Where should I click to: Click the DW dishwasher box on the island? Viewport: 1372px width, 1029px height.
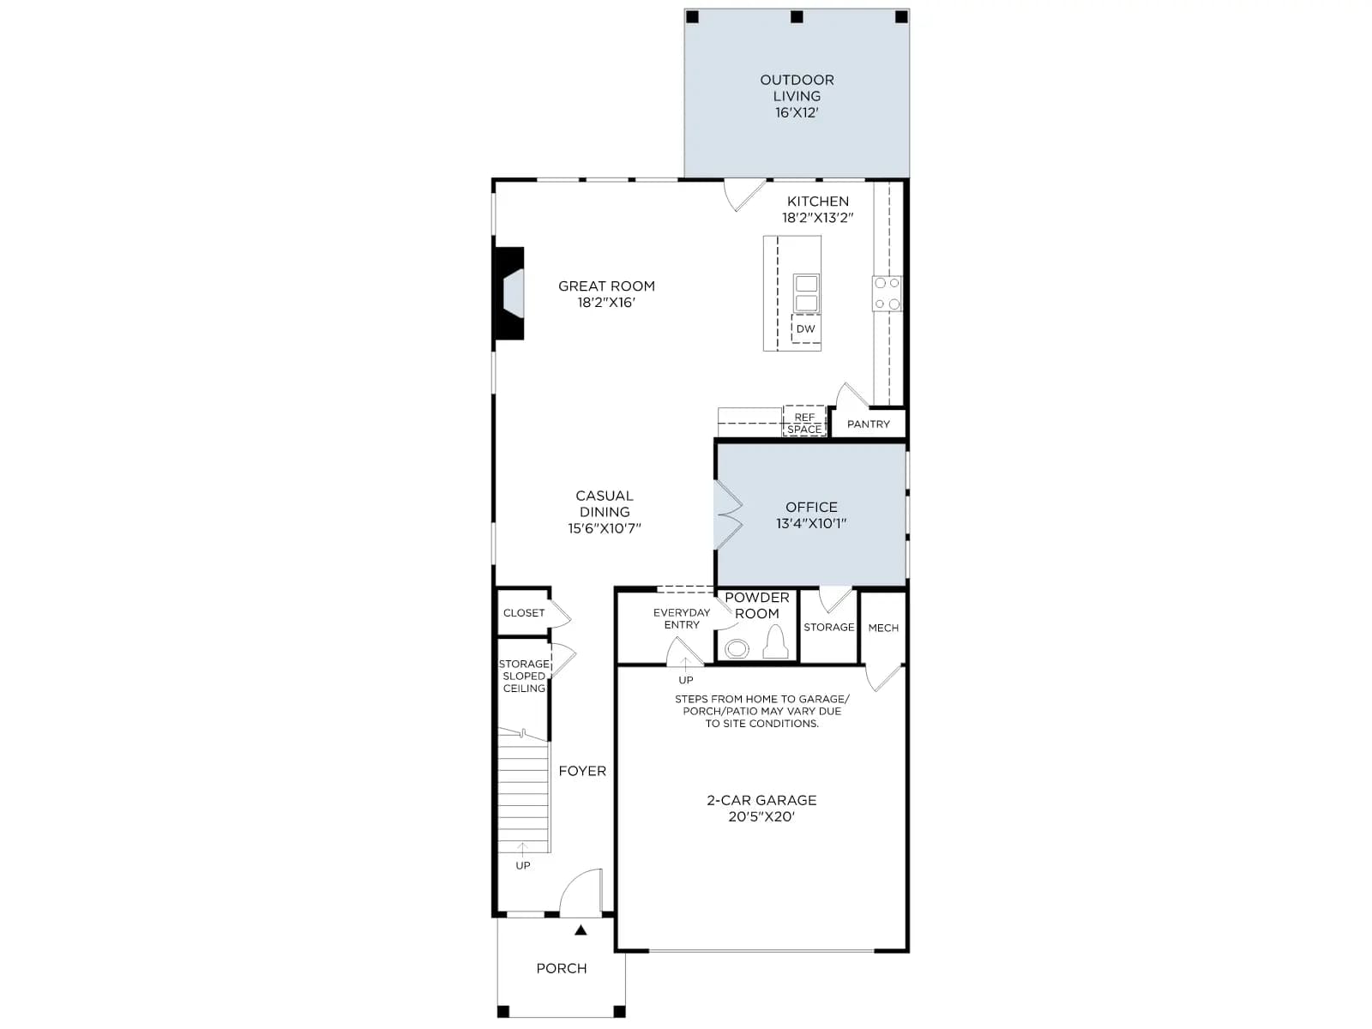(x=806, y=328)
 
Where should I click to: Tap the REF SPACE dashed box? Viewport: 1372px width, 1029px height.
(x=804, y=421)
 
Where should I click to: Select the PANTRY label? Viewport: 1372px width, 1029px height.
(x=868, y=424)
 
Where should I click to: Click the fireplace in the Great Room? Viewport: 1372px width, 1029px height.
(x=509, y=293)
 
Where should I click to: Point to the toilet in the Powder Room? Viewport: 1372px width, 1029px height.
(x=776, y=642)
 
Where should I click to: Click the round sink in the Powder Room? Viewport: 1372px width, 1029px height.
(x=737, y=649)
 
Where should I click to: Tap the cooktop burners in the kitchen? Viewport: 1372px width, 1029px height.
(x=887, y=293)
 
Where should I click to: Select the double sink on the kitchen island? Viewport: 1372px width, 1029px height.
(x=806, y=293)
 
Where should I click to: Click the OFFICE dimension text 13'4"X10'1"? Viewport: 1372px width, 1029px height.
(x=811, y=524)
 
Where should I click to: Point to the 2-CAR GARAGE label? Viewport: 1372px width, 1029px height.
(x=761, y=800)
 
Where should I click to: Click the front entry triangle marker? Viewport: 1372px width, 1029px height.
(x=581, y=930)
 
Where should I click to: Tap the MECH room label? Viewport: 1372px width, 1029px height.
(x=883, y=628)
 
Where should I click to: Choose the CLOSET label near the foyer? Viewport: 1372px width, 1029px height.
(x=524, y=613)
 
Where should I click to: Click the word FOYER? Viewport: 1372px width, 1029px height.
(x=582, y=771)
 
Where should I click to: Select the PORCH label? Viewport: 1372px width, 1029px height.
(x=562, y=968)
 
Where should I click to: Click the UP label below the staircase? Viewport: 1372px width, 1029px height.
(x=523, y=865)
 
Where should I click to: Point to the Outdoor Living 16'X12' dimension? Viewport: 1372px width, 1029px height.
(x=797, y=112)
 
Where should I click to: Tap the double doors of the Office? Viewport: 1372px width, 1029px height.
(x=728, y=514)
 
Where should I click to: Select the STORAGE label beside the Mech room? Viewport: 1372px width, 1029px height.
(x=829, y=628)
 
